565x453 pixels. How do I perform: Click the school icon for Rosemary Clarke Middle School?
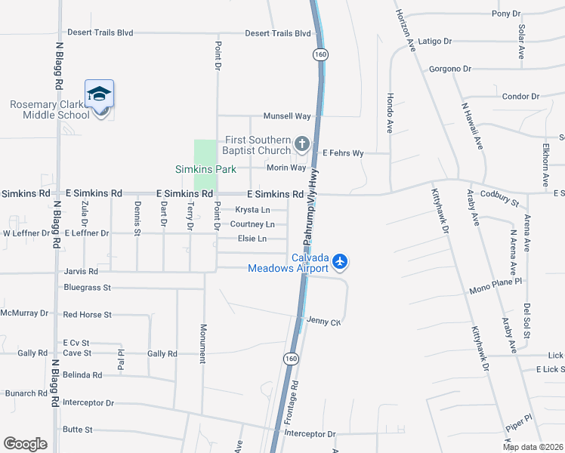[99, 94]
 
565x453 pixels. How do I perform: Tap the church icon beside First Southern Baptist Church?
[302, 143]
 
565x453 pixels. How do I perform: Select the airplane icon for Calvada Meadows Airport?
[340, 261]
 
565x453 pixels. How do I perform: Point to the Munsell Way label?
[287, 116]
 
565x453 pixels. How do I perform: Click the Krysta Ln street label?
[252, 210]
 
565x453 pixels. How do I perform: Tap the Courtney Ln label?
[252, 224]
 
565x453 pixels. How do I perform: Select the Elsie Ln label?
[252, 239]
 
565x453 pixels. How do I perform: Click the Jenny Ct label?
[325, 322]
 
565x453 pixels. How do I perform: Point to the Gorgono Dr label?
[449, 69]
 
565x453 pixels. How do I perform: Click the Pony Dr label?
[506, 14]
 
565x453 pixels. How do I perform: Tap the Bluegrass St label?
[88, 288]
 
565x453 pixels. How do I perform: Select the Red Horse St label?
[88, 314]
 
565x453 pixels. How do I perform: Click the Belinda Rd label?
[82, 374]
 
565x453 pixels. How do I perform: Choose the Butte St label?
[78, 430]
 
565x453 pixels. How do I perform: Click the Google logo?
[25, 444]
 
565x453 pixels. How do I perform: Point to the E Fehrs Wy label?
[343, 153]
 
